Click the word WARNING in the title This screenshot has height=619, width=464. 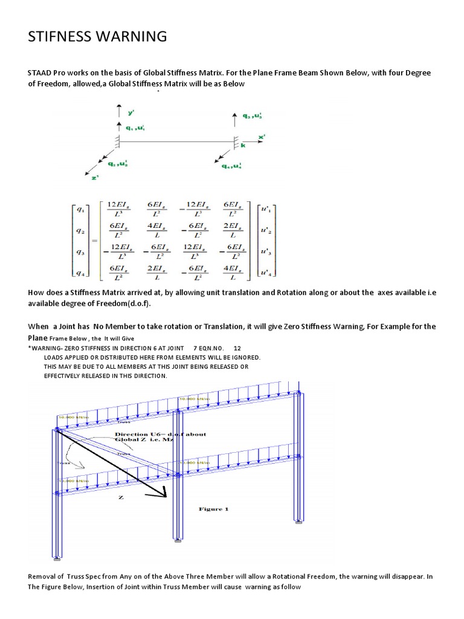127,37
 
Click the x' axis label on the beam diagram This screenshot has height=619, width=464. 262,138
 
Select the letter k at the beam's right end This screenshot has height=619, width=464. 242,146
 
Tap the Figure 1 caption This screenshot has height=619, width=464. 214,509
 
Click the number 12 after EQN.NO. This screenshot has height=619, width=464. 237,349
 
